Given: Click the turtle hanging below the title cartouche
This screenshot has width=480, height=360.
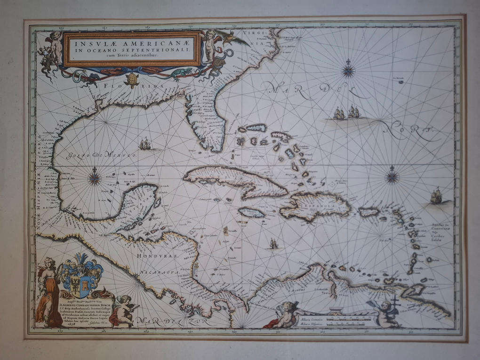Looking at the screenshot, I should coord(131,80).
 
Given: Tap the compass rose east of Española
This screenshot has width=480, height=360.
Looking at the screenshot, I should coord(392,177).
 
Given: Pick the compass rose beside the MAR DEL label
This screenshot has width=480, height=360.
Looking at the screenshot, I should coord(348,71).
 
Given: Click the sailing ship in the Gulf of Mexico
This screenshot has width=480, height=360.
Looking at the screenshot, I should coord(145,144).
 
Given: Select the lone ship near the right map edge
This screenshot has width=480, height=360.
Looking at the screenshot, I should coord(436,196).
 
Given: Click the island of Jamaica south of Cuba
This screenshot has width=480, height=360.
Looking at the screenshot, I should coord(252,213).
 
